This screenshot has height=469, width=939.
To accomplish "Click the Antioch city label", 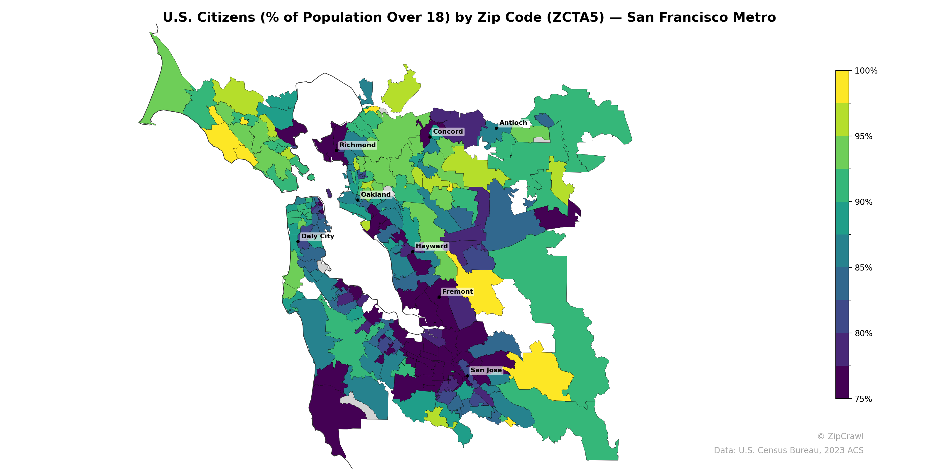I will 513,123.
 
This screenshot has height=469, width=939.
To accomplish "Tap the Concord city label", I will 447,131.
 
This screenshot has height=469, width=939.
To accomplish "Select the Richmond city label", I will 357,145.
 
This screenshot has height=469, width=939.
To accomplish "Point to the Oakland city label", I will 376,194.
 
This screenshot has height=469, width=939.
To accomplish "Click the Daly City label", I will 317,236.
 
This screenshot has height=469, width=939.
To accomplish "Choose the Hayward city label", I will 432,246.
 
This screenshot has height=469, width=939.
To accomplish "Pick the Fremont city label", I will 457,292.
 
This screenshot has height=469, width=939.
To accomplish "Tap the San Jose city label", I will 486,370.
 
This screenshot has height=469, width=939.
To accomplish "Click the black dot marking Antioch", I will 496,128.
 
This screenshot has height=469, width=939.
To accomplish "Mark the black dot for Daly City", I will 298,242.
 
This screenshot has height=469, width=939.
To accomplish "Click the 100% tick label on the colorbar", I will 866,71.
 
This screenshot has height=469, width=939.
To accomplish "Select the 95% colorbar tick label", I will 864,137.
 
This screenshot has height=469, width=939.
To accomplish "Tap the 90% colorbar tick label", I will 864,202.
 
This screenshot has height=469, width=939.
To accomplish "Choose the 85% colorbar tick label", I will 864,268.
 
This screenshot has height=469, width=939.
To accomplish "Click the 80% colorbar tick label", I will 864,333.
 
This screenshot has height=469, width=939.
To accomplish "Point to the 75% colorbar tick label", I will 864,399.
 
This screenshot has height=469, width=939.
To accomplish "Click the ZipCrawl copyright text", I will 840,436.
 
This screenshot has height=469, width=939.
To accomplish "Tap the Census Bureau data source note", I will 788,451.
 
